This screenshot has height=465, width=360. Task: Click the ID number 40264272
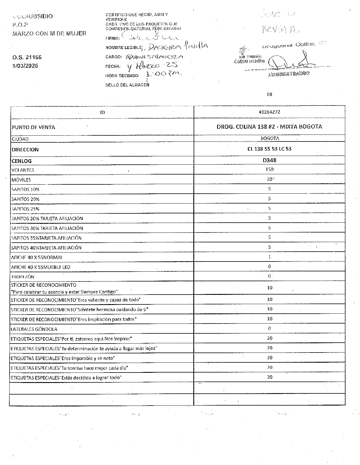pos(269,112)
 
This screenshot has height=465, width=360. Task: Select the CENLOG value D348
pos(269,160)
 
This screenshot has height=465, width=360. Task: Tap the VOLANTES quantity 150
pos(269,169)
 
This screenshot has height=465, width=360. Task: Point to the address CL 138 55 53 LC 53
pos(269,149)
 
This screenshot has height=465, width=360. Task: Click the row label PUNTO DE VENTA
pos(33,127)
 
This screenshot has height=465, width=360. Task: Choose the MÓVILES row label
pos(21,180)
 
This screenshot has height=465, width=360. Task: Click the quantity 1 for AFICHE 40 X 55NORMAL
pos(269,257)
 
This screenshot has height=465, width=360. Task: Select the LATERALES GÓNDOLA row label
pos(34,329)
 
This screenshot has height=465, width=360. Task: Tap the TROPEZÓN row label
pos(23,277)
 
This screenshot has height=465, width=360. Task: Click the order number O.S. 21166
pos(25,57)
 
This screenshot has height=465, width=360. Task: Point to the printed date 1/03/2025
pos(25,66)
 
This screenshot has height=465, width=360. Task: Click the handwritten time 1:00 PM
pos(164,74)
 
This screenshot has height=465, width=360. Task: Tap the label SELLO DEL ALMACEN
pos(127,85)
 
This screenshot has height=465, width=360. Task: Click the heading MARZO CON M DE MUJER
pos(49,33)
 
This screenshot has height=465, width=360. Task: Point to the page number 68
pos(269,94)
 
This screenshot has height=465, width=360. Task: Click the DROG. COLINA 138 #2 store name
pos(269,127)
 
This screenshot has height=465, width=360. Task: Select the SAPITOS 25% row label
pos(25,209)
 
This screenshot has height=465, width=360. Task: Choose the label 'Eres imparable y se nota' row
pos(63,358)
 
